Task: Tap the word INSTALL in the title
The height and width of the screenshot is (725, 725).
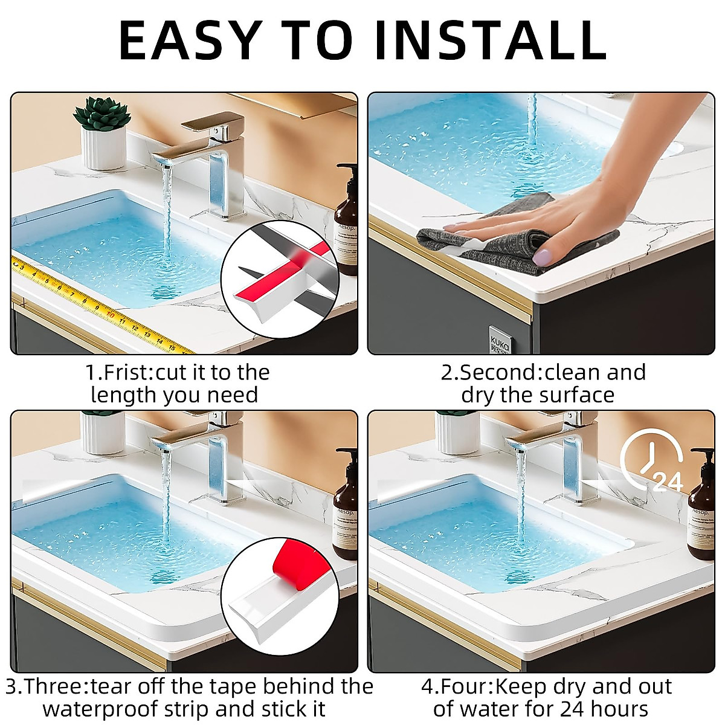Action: [x=489, y=40]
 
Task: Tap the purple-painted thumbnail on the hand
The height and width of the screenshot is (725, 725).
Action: [x=541, y=258]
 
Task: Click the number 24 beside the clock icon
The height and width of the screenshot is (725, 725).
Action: [x=668, y=482]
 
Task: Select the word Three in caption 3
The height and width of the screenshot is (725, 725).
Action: [x=56, y=686]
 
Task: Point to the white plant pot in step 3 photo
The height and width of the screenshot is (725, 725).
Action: [x=102, y=433]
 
